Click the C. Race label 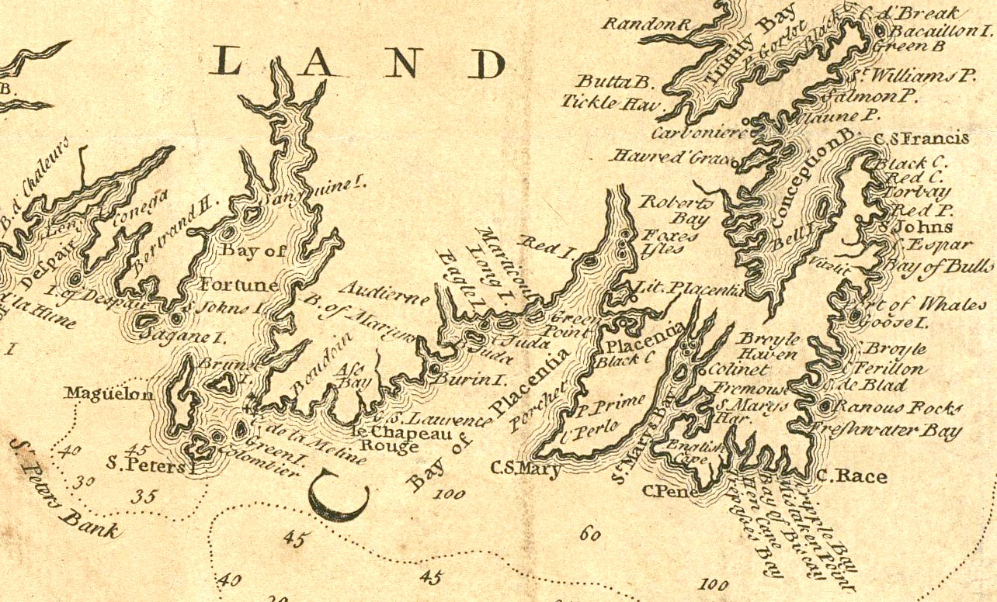(x=851, y=476)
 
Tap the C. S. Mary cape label (x=526, y=468)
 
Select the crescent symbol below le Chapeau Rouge (x=339, y=498)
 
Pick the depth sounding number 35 (x=143, y=497)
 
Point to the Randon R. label (x=647, y=24)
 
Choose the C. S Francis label (x=921, y=139)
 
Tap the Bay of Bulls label (x=939, y=267)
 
